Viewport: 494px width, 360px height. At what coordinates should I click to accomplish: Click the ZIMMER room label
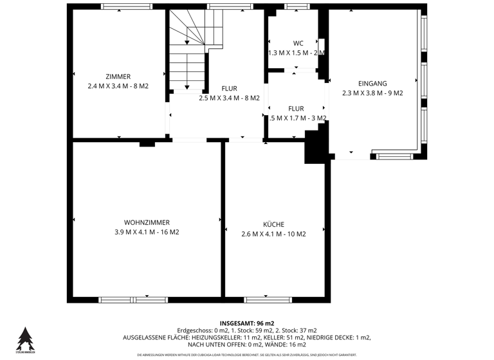coord(118,76)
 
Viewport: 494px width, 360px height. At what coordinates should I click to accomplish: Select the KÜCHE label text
coord(273,224)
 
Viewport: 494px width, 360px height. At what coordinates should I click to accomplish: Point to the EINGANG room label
coord(372,83)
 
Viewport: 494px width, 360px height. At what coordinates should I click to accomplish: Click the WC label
coord(298,43)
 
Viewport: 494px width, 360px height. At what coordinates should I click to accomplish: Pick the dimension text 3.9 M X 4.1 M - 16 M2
coord(142,233)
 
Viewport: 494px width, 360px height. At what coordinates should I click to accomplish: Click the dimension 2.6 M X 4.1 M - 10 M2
coord(273,234)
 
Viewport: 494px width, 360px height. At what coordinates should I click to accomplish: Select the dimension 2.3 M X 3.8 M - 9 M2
coord(372,93)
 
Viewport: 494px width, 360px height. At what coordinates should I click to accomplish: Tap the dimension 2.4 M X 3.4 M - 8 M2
coord(118,85)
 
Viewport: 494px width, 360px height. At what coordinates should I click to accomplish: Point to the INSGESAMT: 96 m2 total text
coord(247,323)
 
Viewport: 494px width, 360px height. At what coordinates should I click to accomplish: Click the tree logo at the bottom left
coord(25,339)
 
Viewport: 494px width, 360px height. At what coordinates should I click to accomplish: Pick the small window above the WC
coord(297,7)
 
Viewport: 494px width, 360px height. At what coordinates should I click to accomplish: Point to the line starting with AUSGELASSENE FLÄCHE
coord(247,337)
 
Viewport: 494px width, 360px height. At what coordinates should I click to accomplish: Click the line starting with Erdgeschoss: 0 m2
coord(247,330)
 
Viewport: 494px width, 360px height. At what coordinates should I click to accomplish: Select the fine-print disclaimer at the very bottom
coord(247,355)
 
